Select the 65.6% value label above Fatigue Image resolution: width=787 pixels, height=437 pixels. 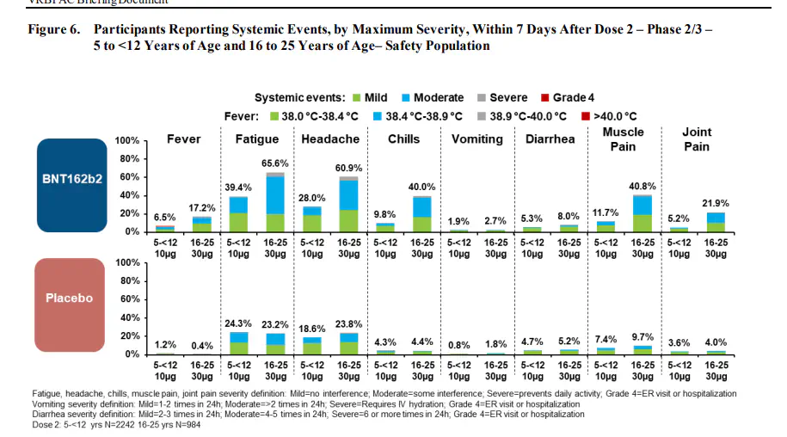pos(274,163)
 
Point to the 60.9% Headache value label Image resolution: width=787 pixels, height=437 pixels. pos(348,168)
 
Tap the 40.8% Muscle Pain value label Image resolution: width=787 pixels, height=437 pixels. pos(642,186)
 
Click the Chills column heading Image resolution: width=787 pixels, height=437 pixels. pos(403,138)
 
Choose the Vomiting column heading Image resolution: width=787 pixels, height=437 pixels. pos(477,138)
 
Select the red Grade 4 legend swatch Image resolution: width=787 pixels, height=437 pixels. pos(544,98)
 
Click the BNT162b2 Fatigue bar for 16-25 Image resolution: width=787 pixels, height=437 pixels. pos(274,203)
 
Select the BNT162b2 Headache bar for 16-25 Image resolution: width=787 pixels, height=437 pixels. pos(348,205)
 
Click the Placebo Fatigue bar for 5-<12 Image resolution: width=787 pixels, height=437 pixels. pos(238,342)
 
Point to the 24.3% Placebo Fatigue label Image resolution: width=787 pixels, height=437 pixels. pos(238,323)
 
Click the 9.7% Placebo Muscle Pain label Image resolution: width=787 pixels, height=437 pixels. pos(642,337)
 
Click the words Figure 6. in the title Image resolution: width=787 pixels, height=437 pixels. pos(54,29)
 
